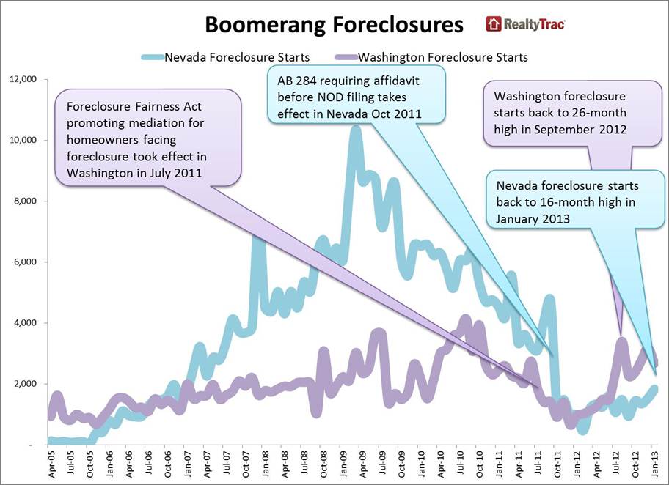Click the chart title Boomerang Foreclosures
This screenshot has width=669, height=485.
click(333, 25)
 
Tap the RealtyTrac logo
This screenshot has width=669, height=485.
click(525, 24)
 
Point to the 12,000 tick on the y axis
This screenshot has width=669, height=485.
click(23, 79)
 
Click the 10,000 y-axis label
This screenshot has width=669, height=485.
click(23, 140)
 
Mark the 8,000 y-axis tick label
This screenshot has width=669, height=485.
click(26, 201)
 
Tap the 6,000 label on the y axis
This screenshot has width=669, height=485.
click(26, 262)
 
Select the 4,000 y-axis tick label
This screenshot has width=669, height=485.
click(26, 323)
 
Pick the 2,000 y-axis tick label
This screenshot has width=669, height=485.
click(26, 384)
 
